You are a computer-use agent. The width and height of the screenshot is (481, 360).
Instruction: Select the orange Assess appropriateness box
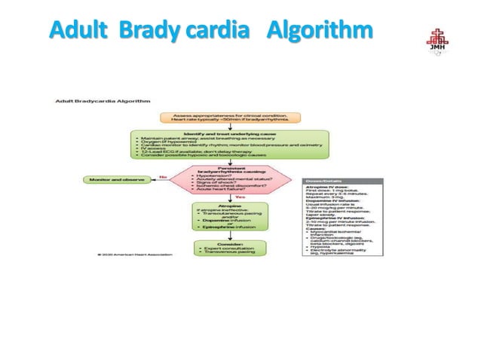[x=231, y=117]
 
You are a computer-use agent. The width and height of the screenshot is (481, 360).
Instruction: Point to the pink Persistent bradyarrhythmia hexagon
[x=230, y=182]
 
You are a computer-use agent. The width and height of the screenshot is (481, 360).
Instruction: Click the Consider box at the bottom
[x=230, y=249]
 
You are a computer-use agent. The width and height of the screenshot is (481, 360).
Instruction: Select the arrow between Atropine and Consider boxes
[x=230, y=237]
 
